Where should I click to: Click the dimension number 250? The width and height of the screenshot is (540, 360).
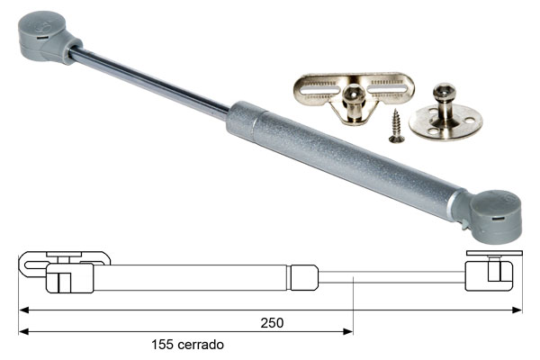pos(272,323)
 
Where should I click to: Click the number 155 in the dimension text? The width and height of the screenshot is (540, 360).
pos(162,345)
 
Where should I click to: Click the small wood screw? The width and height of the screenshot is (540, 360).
pos(396,126)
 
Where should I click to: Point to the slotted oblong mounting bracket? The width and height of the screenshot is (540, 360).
pos(354,97)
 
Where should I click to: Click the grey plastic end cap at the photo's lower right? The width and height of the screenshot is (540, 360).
pos(492,216)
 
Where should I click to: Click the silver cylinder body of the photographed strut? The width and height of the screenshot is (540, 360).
pos(345,159)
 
